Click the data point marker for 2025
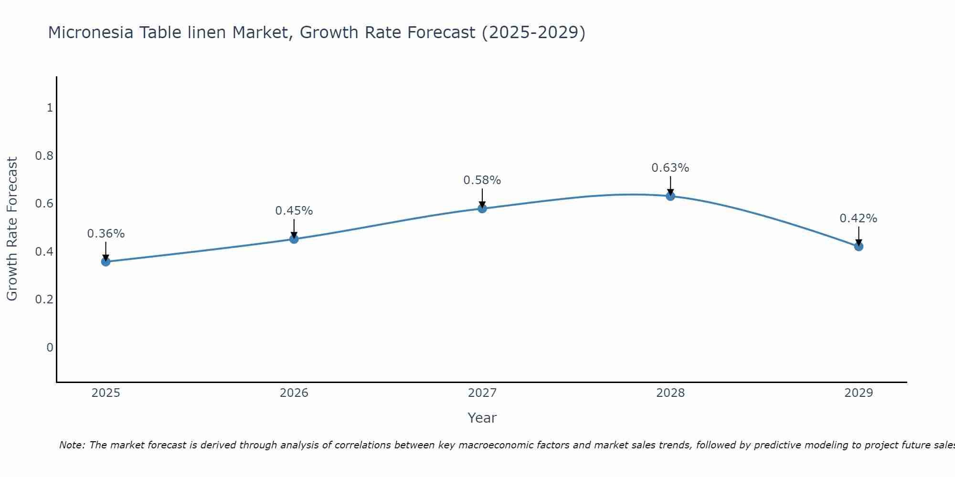106,261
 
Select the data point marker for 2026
294,239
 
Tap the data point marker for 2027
482,208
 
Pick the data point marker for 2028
670,196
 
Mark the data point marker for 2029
859,247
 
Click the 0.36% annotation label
106,234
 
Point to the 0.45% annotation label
294,211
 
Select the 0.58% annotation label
482,180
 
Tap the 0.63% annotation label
670,168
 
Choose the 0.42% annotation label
859,218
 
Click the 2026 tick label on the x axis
294,393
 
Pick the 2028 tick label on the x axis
670,393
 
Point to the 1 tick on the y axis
50,108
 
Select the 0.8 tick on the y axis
44,156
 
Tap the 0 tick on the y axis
50,347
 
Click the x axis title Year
482,418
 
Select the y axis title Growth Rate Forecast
12,229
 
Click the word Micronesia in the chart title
91,33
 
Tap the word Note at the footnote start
72,445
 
